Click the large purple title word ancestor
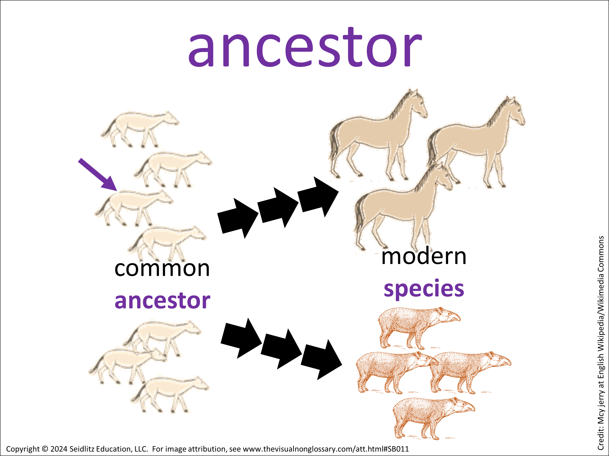tap(305, 47)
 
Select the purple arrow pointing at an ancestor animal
tap(98, 174)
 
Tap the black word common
tap(162, 269)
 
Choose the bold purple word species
tap(424, 289)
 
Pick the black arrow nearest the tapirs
tap(322, 360)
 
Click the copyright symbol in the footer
tap(45, 449)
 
